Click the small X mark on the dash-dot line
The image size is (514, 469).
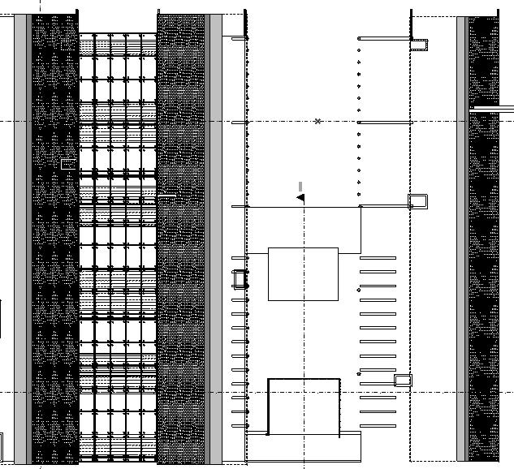pyautogui.click(x=317, y=122)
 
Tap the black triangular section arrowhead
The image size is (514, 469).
pyautogui.click(x=300, y=197)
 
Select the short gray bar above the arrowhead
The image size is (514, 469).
pyautogui.click(x=300, y=187)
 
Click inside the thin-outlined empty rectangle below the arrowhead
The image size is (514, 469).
pyautogui.click(x=303, y=274)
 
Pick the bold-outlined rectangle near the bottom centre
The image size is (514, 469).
pyautogui.click(x=304, y=406)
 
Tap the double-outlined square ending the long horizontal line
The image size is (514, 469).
pyautogui.click(x=417, y=200)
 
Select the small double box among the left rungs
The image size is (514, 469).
pyautogui.click(x=240, y=279)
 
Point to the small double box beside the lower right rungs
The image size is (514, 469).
pyautogui.click(x=403, y=380)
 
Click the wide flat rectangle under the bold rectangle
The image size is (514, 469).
pyautogui.click(x=303, y=446)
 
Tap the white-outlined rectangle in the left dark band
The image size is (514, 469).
pyautogui.click(x=68, y=165)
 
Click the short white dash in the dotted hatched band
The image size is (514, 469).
pyautogui.click(x=166, y=196)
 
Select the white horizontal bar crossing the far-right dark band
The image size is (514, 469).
pyautogui.click(x=491, y=109)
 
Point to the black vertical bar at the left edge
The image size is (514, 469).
pyautogui.click(x=1, y=318)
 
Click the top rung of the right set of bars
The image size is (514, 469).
pyautogui.click(x=378, y=258)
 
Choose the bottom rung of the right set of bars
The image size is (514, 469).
pyautogui.click(x=378, y=425)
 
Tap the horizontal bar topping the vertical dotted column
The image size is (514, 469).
pyautogui.click(x=383, y=37)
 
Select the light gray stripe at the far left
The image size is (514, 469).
pyautogui.click(x=20, y=235)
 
